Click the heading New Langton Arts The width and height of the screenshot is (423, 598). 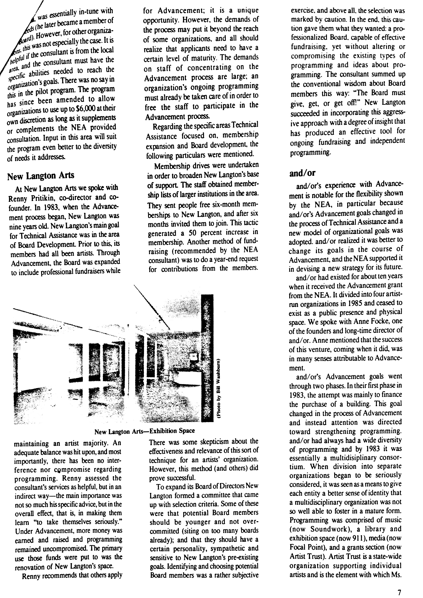tap(41, 176)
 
